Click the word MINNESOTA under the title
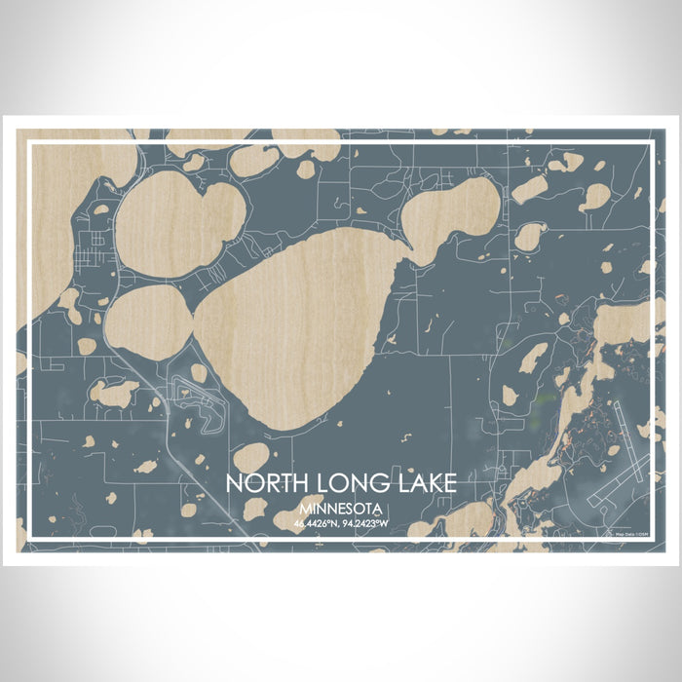coord(342,509)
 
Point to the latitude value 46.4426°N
coord(318,523)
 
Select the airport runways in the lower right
coord(624,458)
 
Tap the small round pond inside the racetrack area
coord(199,373)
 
